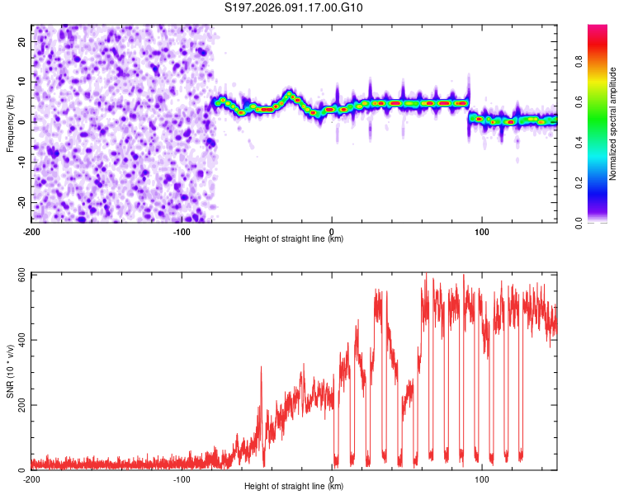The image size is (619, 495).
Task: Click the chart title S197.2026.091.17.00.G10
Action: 295,8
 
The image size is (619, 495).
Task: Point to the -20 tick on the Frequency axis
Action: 21,202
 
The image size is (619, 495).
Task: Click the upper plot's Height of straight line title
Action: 294,238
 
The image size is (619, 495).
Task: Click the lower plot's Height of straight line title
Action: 294,486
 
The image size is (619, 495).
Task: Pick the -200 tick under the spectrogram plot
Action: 32,231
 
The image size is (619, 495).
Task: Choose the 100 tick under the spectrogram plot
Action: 482,231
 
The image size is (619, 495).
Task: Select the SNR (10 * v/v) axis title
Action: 10,371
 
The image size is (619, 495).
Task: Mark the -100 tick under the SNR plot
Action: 182,478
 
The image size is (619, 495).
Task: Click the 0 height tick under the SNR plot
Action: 332,478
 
